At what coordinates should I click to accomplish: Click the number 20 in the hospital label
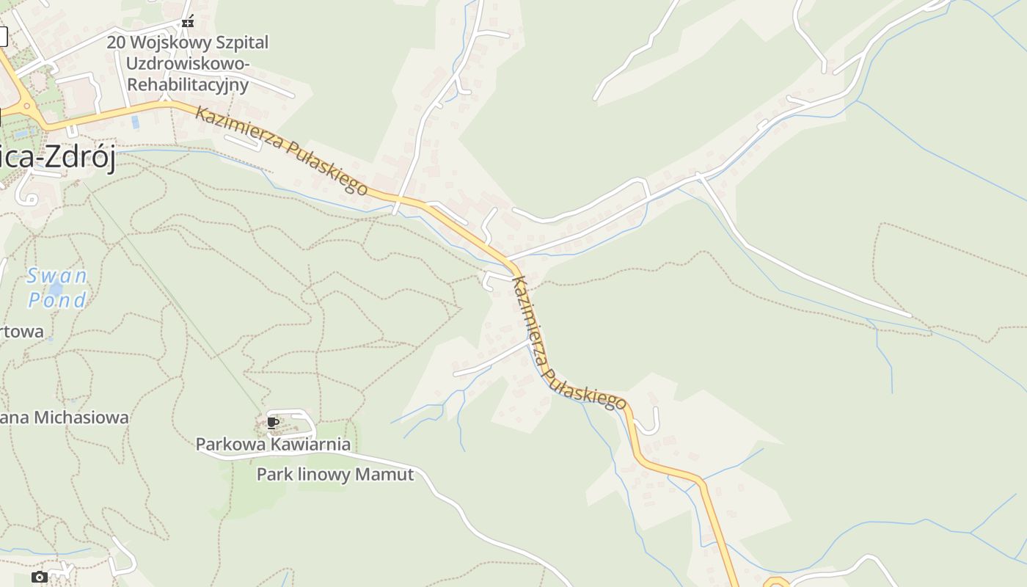click(x=116, y=43)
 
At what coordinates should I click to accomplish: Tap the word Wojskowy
click(x=167, y=43)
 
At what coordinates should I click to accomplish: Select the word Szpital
click(x=241, y=43)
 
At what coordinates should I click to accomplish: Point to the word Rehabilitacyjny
click(x=189, y=84)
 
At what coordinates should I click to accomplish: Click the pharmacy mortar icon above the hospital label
click(x=189, y=21)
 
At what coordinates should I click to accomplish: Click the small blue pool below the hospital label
click(x=135, y=122)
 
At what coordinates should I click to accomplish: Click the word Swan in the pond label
click(x=57, y=276)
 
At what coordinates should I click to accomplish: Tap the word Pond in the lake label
click(x=57, y=299)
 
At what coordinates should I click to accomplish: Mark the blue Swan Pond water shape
click(x=55, y=288)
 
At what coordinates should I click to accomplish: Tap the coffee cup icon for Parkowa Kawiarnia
click(x=272, y=423)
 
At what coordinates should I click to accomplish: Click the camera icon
click(x=40, y=577)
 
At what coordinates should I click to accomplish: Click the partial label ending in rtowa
click(x=22, y=332)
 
